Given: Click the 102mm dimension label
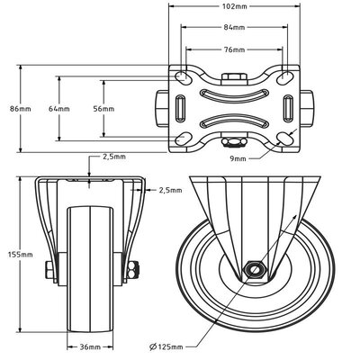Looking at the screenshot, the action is [x=234, y=5].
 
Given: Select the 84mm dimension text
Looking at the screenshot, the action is [x=234, y=27].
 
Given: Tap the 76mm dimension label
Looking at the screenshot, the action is [x=234, y=49].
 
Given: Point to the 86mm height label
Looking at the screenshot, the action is [x=21, y=109].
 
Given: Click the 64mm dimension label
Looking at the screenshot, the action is [x=59, y=109].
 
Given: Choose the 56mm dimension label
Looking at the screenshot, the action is [x=103, y=109].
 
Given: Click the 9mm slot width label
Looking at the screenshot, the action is [x=238, y=158].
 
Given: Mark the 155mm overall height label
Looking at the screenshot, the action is [x=20, y=255].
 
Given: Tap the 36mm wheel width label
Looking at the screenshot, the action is [x=90, y=347].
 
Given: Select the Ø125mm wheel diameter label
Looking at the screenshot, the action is [x=166, y=347].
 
